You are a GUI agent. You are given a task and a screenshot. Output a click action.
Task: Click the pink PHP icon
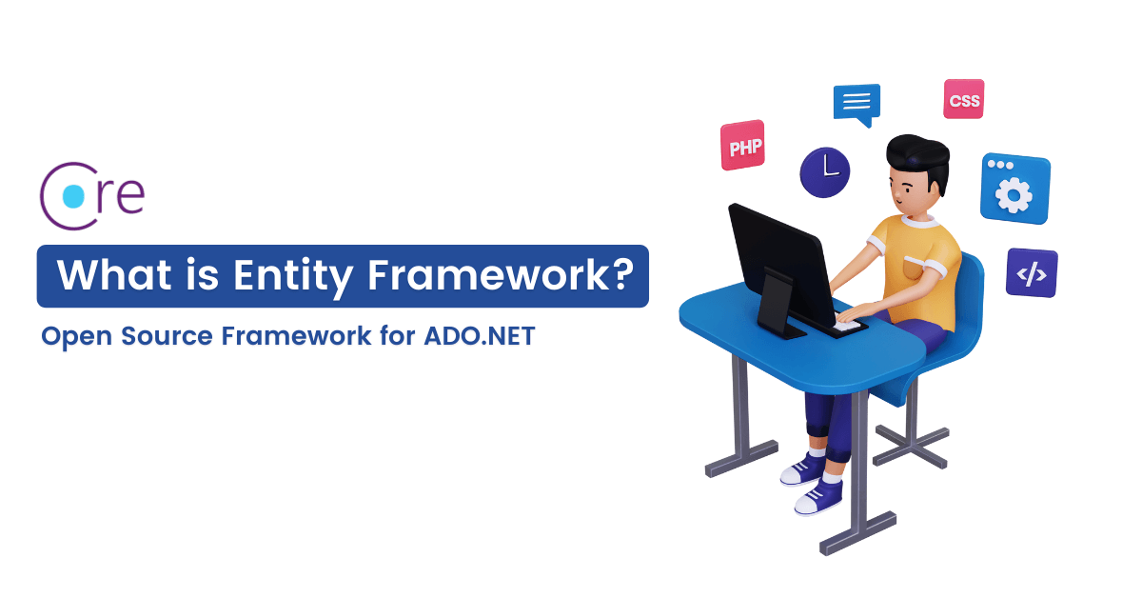point(743,146)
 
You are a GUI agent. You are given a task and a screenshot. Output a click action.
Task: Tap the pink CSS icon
point(963,100)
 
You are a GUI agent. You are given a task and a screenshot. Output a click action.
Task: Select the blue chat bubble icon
point(856,102)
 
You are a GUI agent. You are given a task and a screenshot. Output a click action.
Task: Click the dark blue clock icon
point(824,171)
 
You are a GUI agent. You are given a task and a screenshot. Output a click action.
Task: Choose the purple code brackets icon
point(1032,273)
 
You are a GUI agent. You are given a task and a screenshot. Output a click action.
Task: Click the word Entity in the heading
point(292,276)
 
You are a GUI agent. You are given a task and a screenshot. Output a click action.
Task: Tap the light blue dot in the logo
point(72,195)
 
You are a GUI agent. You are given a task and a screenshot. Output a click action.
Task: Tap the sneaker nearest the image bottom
point(817,495)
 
